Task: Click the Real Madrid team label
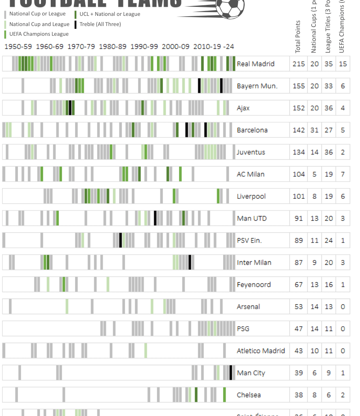(256, 64)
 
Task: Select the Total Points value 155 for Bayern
(299, 86)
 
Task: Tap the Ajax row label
(243, 108)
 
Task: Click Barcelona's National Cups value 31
(315, 130)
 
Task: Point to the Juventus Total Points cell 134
(299, 152)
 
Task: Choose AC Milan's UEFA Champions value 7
(343, 174)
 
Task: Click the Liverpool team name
(251, 196)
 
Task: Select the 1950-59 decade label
(18, 47)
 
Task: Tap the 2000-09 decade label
(176, 47)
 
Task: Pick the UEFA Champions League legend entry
(39, 34)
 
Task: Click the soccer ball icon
(231, 7)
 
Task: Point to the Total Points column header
(298, 37)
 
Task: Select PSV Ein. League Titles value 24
(329, 240)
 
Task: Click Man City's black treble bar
(231, 373)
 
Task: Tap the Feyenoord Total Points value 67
(299, 285)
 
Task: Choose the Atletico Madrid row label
(261, 351)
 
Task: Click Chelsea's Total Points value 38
(299, 395)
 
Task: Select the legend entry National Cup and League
(39, 24)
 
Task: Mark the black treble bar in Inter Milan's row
(190, 262)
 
